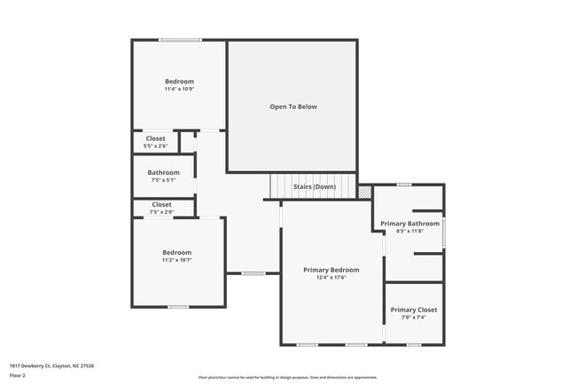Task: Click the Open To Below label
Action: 292,106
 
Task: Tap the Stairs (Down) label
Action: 314,187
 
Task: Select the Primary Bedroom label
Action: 331,270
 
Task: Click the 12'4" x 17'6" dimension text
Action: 331,278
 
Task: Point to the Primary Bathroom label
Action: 409,224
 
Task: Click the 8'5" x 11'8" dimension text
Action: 409,232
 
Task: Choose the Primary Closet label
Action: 414,310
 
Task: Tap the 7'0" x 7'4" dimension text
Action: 414,318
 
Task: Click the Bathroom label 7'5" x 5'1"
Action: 163,173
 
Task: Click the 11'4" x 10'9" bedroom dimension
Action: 178,90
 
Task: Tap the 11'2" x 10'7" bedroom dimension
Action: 176,261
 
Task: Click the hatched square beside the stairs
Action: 363,192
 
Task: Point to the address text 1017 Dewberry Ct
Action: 52,365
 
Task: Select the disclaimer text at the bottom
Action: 287,377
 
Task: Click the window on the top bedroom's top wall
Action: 180,40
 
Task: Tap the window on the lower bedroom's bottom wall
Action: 178,307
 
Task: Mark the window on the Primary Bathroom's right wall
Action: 444,232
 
